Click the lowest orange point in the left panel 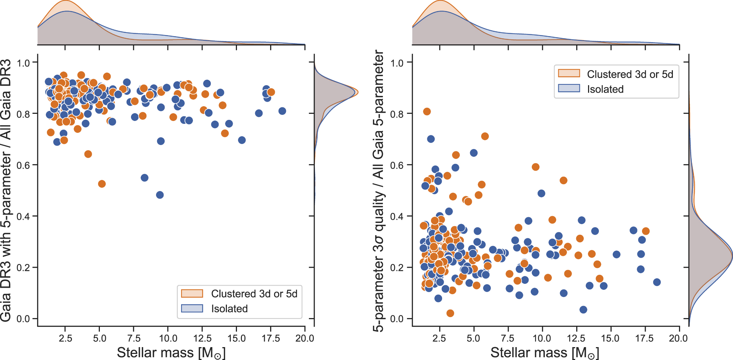[102, 184]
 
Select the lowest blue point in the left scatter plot [160, 195]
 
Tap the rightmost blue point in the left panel [282, 111]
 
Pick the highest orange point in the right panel [427, 112]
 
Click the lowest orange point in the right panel [450, 313]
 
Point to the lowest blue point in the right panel [583, 310]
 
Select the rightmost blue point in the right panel [657, 282]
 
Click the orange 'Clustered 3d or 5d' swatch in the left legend [192, 293]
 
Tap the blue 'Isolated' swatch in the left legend [192, 308]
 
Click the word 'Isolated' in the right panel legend [605, 89]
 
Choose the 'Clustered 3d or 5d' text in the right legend [630, 74]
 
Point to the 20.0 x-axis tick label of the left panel [305, 338]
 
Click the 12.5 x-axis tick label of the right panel [576, 338]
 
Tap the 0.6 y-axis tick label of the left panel [23, 165]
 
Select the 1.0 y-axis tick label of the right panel [398, 63]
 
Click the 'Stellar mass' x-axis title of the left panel [171, 352]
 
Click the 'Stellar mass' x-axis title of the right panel [544, 352]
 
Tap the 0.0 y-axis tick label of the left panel [23, 319]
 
